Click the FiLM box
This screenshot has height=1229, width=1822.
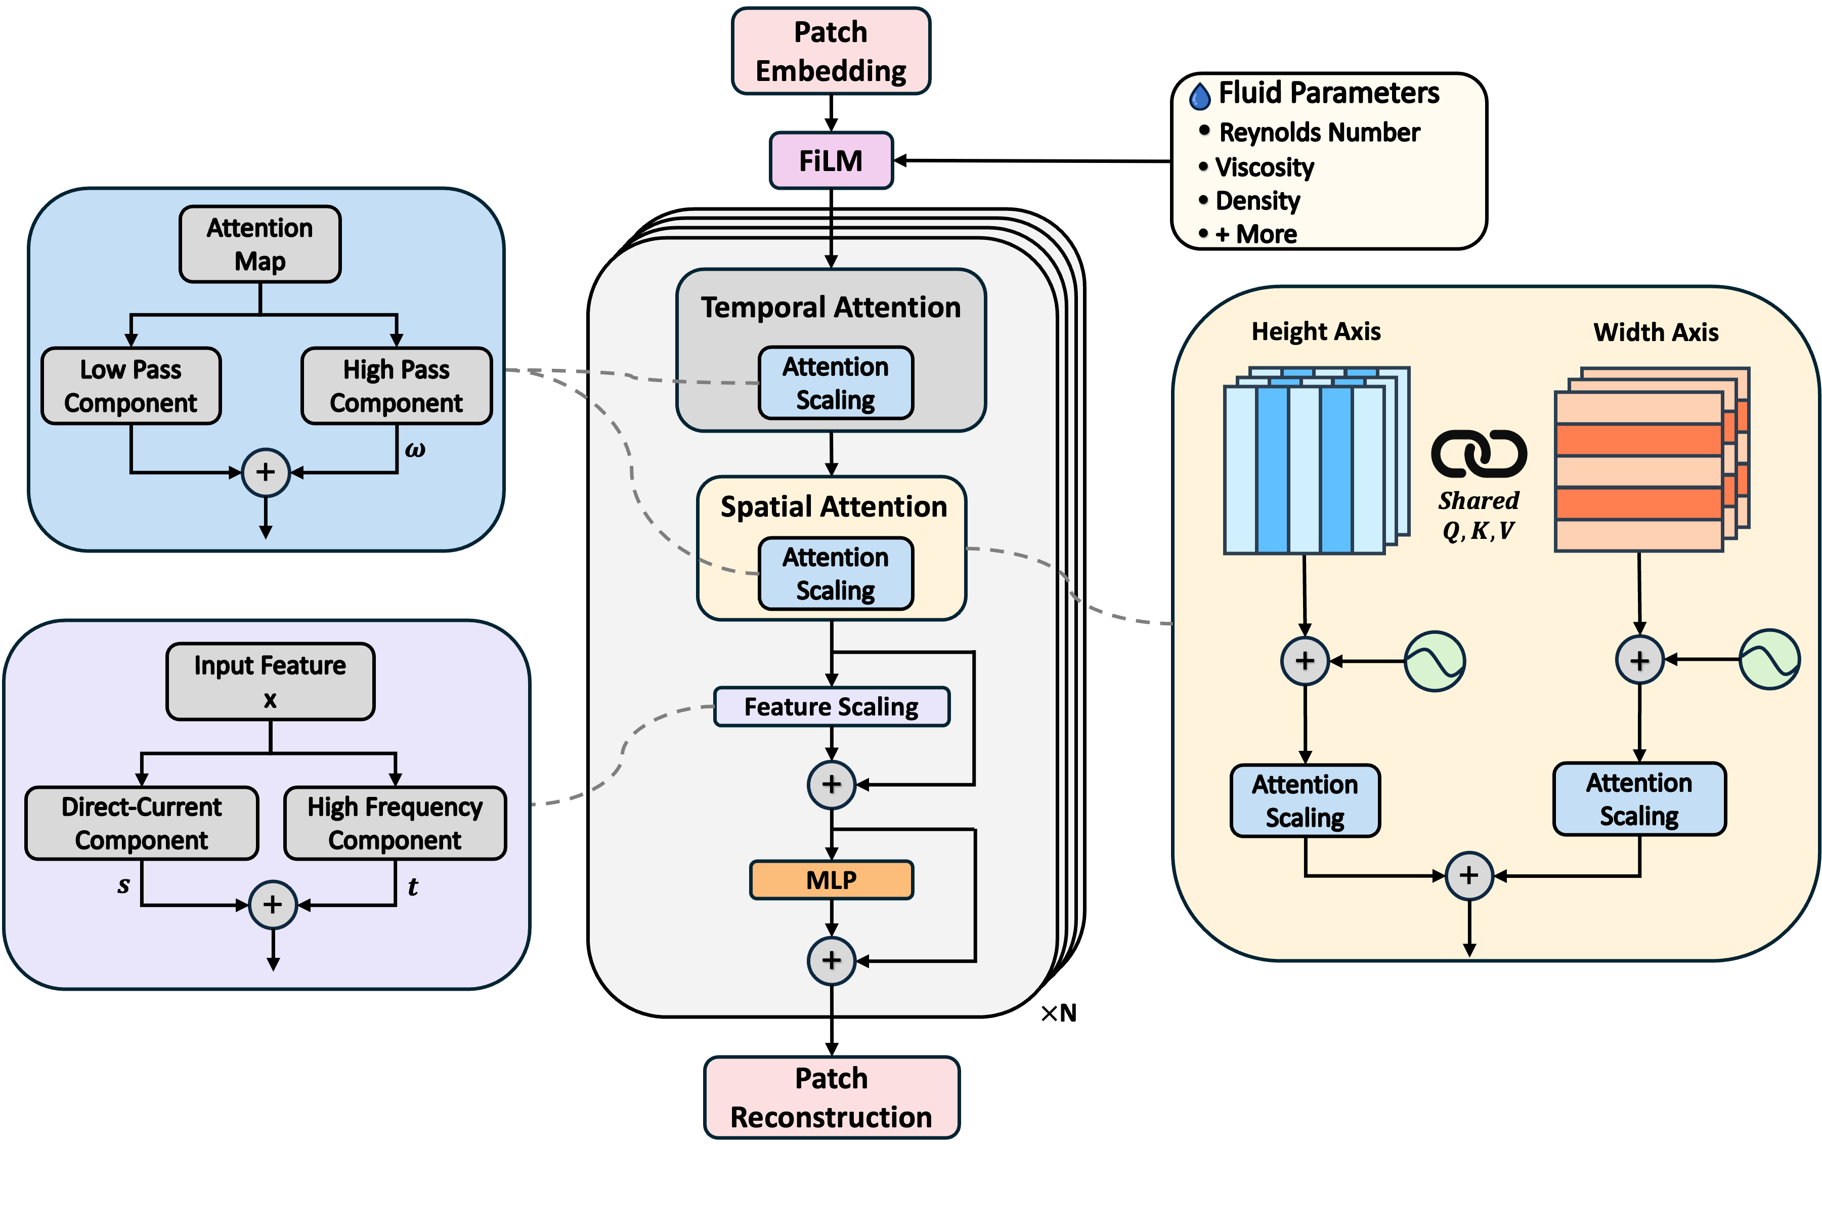(x=831, y=161)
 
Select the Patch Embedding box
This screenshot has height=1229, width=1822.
(x=831, y=51)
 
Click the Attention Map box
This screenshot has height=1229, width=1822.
(x=259, y=244)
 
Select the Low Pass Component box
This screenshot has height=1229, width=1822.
(x=131, y=386)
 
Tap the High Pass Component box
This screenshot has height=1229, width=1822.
(x=397, y=386)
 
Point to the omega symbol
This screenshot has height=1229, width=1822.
(x=415, y=450)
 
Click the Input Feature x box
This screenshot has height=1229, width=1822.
(x=270, y=681)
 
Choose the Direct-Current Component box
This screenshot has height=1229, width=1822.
(x=142, y=823)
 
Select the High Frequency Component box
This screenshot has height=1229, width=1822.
(x=395, y=823)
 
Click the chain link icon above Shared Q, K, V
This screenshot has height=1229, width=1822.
(x=1479, y=454)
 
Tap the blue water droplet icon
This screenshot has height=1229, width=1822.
(x=1200, y=96)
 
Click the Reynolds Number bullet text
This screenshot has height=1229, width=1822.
(x=1319, y=133)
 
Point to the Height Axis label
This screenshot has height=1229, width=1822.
(x=1316, y=331)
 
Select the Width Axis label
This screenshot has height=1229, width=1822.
(x=1656, y=332)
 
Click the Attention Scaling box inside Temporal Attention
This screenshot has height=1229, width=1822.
(x=835, y=384)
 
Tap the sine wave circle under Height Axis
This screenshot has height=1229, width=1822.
(x=1435, y=661)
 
